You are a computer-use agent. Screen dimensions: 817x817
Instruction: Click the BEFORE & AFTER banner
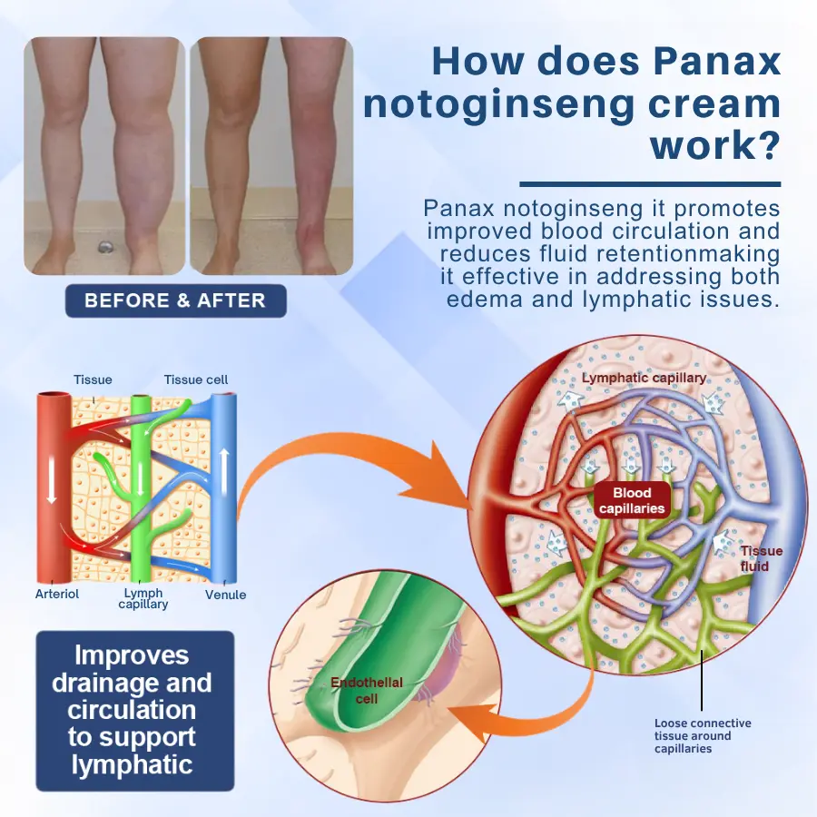coord(175,300)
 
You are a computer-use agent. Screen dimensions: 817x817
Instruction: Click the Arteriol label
coord(57,594)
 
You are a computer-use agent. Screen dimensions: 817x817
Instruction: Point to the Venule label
coord(225,595)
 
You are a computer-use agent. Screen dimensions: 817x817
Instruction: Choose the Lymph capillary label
coord(143,599)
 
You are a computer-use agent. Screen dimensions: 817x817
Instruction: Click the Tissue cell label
coord(196,379)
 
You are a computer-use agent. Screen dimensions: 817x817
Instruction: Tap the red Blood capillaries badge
coord(632,500)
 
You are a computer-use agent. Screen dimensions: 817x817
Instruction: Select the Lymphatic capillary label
coord(644,378)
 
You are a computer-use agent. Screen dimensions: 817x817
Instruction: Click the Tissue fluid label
coord(761,558)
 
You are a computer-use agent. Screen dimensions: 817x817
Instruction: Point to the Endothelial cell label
coord(367,691)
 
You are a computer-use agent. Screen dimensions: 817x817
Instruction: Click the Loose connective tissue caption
coord(703,735)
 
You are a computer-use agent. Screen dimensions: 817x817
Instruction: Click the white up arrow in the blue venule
coord(224,471)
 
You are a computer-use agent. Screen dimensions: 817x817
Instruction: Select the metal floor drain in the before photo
coord(106,247)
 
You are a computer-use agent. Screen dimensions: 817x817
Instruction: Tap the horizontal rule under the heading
coord(650,184)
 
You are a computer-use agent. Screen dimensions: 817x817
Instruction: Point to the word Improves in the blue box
coord(132,655)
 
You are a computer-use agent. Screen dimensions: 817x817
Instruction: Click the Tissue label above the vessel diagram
coord(93,379)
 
